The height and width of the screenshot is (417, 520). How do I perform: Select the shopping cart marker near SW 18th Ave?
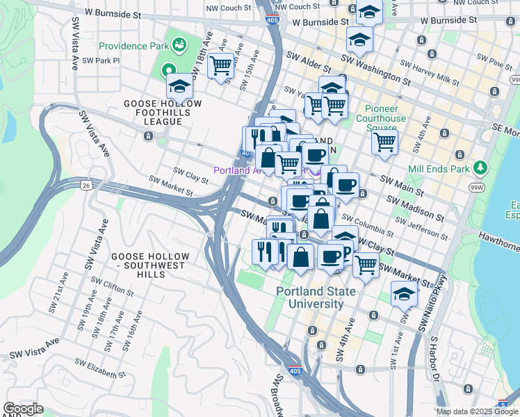[x=220, y=66]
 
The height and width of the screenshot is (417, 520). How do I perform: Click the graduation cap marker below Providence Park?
[x=180, y=87]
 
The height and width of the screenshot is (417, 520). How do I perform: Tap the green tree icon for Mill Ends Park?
[x=479, y=167]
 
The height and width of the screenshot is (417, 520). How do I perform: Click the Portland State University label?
[x=310, y=298]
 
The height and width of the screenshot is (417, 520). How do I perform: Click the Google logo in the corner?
[x=23, y=409]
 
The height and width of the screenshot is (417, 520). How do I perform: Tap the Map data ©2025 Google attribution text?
[x=477, y=411]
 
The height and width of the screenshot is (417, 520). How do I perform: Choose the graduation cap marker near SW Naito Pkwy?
[x=404, y=294]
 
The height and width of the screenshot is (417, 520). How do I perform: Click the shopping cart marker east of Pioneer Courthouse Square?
[x=384, y=142]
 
